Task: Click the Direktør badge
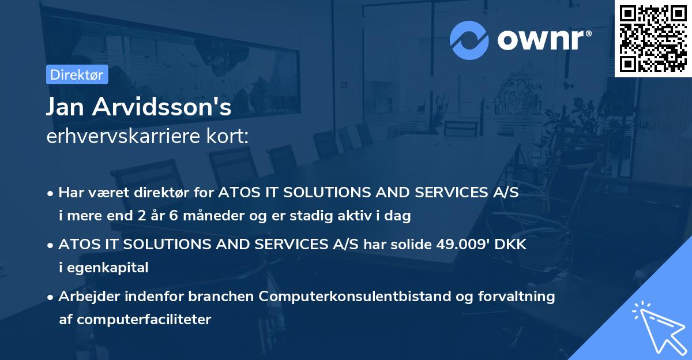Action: (77, 74)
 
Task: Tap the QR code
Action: (653, 38)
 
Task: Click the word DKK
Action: (509, 245)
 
